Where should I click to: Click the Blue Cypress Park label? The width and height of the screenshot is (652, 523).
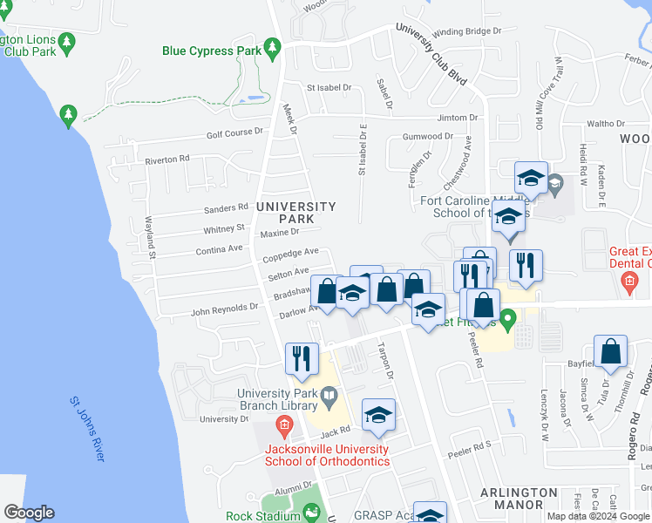[212, 51]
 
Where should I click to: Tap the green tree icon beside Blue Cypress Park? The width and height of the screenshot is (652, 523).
[272, 45]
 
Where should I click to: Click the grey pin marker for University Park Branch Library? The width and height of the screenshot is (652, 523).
[329, 399]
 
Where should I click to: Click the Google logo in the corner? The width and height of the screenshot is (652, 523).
[29, 513]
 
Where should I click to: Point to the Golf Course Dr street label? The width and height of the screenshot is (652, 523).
[234, 132]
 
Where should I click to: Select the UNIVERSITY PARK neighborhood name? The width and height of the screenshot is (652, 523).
[296, 212]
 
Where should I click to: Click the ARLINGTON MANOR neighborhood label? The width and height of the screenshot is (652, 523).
[518, 499]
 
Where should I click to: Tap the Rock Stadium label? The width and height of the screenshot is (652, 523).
[263, 516]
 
